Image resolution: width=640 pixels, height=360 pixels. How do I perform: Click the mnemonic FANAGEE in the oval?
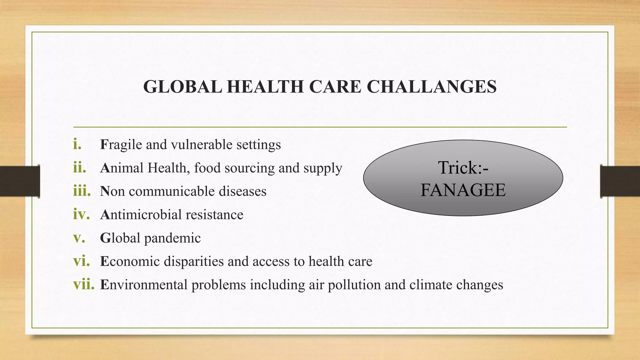pos(463,190)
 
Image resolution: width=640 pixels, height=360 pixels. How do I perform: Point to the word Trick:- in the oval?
pos(463,167)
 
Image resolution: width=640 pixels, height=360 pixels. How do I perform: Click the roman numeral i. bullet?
pos(77,144)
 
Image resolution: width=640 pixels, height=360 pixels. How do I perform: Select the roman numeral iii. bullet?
pos(82,191)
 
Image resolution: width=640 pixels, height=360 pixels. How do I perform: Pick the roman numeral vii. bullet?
pos(83,284)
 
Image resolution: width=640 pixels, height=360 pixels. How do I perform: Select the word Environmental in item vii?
pos(143,285)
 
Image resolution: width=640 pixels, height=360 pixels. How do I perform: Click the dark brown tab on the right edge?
pos(620,181)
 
